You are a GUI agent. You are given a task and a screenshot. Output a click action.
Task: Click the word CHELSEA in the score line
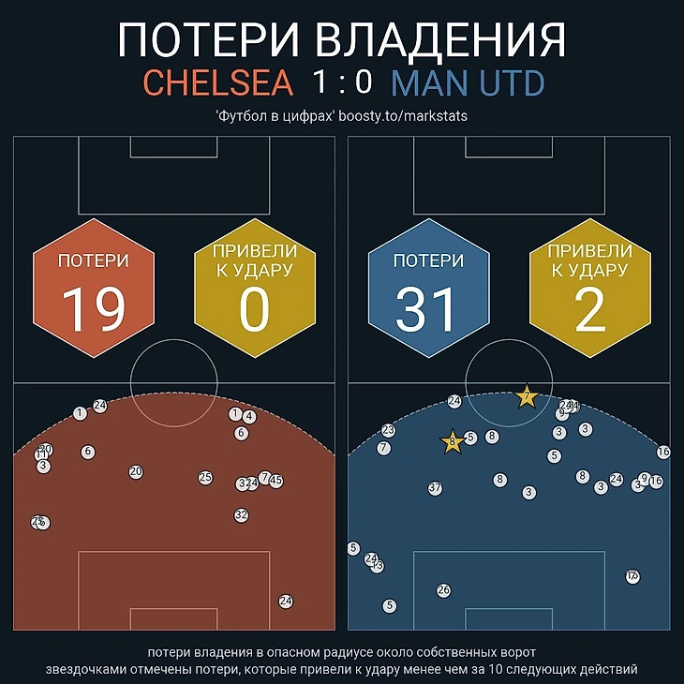coord(217,82)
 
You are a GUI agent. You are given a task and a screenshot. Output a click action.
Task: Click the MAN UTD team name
coord(468,82)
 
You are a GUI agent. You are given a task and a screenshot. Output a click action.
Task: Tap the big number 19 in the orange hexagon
coord(94,310)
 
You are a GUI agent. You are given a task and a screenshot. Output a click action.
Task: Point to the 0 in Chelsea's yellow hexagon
coord(254,310)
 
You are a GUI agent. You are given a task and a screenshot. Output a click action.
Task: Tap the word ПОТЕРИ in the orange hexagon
coord(94,261)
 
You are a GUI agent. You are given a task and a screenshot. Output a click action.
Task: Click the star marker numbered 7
coord(527,397)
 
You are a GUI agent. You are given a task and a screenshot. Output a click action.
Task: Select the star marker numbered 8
coord(453,441)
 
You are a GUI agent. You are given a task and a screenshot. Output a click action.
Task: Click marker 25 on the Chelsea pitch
coord(205,478)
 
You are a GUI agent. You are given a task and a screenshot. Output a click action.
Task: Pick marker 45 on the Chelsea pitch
coord(276,481)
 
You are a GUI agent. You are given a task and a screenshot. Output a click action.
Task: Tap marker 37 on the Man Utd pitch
coord(435,488)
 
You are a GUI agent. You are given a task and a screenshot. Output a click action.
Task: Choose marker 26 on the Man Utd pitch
coord(444,590)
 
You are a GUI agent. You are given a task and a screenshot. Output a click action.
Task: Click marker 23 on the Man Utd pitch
coord(389,430)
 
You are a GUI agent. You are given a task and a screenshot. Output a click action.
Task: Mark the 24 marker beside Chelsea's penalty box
coord(286,602)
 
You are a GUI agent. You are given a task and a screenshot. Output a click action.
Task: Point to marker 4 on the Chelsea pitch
coord(249,416)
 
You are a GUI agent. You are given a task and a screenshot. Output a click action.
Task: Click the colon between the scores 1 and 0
coord(342,84)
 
